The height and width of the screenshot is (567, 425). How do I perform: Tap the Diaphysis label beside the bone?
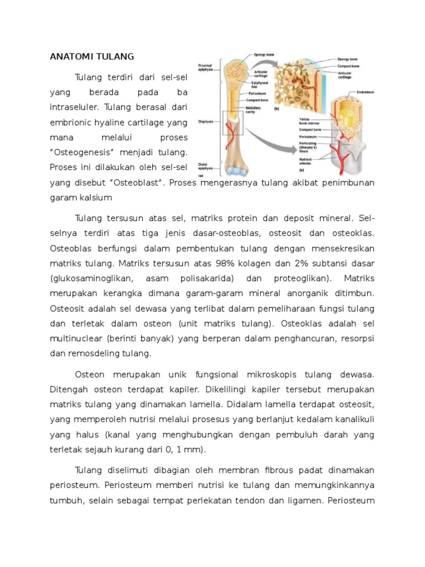pyautogui.click(x=204, y=122)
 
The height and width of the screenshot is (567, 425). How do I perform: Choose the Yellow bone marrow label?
pyautogui.click(x=308, y=121)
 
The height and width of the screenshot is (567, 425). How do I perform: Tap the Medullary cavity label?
pyautogui.click(x=246, y=110)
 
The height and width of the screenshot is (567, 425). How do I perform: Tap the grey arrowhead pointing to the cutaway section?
pyautogui.click(x=294, y=148)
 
